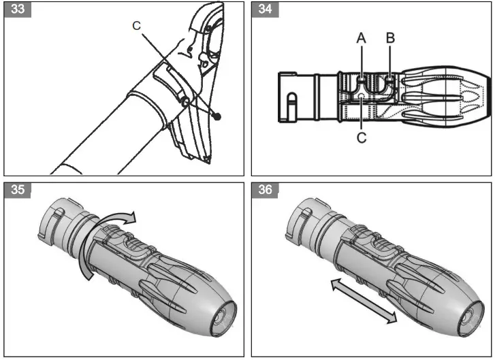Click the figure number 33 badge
click(18, 12)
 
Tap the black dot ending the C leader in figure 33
click(218, 116)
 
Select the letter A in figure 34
click(362, 39)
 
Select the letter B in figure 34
click(390, 39)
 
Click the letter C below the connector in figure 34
click(362, 138)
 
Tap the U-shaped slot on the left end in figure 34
click(291, 105)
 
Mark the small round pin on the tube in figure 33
click(185, 101)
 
